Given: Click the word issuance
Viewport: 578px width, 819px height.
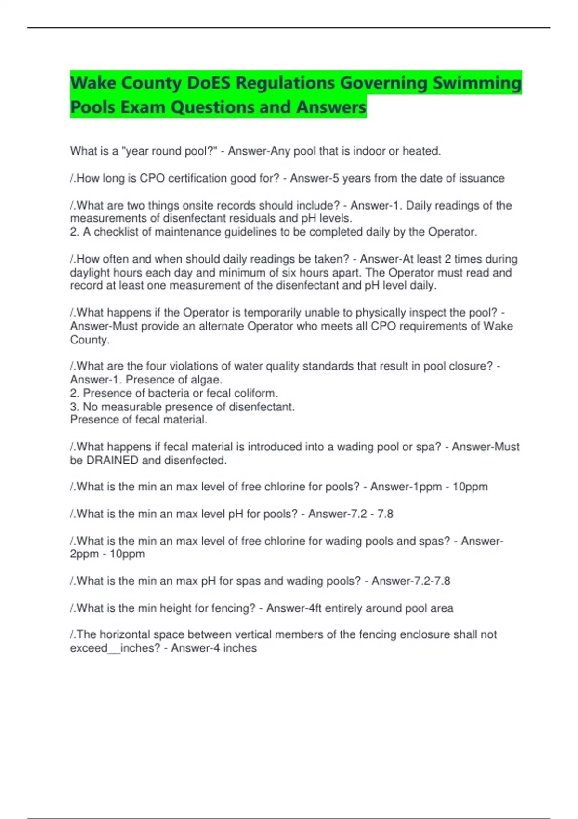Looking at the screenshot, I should click(482, 178).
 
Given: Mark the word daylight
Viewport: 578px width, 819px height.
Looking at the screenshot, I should click(90, 272).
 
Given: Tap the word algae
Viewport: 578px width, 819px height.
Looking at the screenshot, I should click(207, 380).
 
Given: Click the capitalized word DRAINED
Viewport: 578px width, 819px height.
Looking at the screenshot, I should click(112, 460).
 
